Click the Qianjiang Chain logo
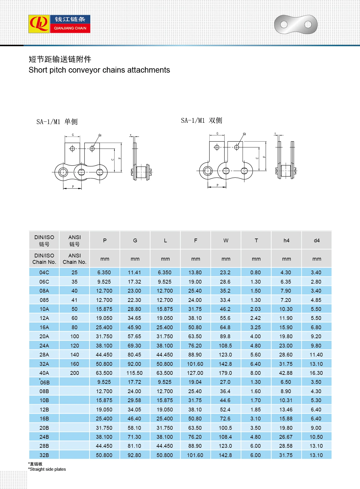[x=59, y=24]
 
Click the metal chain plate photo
[x=296, y=25]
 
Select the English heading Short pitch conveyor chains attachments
[x=99, y=70]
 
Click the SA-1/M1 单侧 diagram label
[x=57, y=122]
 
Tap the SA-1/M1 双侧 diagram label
[x=201, y=121]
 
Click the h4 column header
[x=286, y=240]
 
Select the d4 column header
[x=316, y=240]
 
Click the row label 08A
[x=44, y=291]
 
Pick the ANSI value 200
[x=74, y=373]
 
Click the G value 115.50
[x=134, y=373]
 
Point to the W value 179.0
[x=225, y=373]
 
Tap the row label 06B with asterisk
[x=44, y=382]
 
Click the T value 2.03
[x=255, y=309]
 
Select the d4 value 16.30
[x=316, y=373]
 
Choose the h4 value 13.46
[x=286, y=409]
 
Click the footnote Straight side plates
[x=47, y=469]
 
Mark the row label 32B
[x=44, y=455]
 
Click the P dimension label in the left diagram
[x=73, y=187]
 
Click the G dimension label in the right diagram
[x=217, y=133]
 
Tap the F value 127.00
[x=195, y=373]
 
